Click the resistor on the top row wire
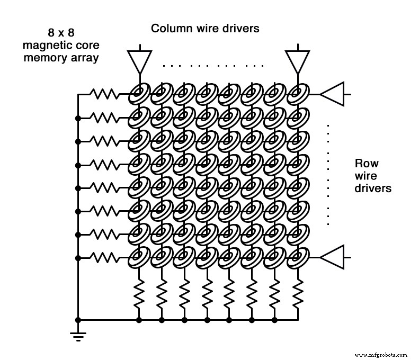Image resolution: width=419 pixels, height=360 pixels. (x=105, y=94)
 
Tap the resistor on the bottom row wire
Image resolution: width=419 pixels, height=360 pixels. (x=105, y=257)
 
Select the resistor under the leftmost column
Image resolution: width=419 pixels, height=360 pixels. (x=138, y=295)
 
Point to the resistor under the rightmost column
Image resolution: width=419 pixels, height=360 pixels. (x=297, y=295)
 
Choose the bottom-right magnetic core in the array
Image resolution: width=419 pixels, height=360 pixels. (x=297, y=258)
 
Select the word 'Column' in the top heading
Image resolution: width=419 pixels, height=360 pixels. (x=169, y=28)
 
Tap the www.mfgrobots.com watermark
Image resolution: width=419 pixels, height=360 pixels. (x=380, y=355)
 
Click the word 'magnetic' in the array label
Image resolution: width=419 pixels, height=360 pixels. (x=44, y=45)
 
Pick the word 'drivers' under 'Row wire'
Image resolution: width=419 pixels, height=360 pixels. (x=373, y=188)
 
